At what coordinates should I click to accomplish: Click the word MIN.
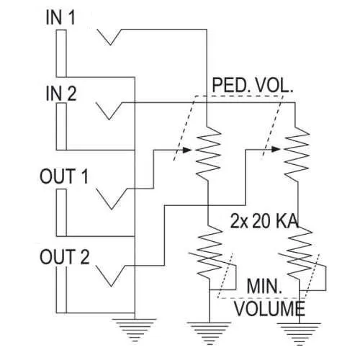(x=264, y=287)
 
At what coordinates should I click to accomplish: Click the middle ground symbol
(x=207, y=332)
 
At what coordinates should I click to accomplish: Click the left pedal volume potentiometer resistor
(x=207, y=151)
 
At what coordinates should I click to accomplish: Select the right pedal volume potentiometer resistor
(x=296, y=151)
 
